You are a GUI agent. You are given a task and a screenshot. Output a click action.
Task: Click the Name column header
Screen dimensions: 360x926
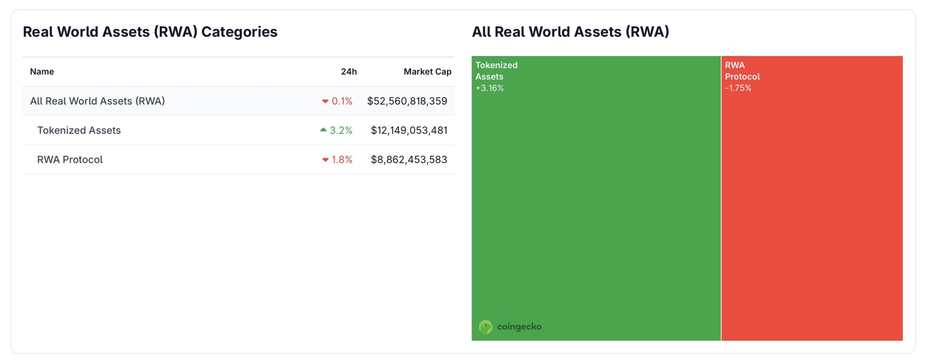(x=42, y=72)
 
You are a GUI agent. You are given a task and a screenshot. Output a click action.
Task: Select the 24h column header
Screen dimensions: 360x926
(x=349, y=72)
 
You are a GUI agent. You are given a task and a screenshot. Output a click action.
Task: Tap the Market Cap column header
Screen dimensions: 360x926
(x=427, y=72)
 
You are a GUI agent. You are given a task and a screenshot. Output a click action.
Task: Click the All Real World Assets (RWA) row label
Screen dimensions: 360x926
(x=97, y=101)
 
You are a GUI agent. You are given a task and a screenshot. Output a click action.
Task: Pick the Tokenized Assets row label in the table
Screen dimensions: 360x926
(x=79, y=130)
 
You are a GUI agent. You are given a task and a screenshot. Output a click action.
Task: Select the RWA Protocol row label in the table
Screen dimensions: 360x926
(x=70, y=160)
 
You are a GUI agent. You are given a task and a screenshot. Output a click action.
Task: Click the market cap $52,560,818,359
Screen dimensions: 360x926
(x=407, y=101)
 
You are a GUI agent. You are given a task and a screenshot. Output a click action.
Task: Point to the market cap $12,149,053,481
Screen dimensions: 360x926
(x=409, y=130)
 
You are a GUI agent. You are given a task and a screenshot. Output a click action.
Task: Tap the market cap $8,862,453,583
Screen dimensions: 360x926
(x=409, y=160)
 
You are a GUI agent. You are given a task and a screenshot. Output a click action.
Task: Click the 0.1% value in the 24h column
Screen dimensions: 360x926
(x=342, y=101)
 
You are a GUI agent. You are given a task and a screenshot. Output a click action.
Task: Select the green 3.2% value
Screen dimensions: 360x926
(x=341, y=130)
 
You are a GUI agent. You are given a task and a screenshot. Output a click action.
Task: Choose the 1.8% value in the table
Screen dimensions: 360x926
(x=342, y=160)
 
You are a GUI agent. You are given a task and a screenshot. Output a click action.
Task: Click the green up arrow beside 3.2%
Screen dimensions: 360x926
(x=323, y=130)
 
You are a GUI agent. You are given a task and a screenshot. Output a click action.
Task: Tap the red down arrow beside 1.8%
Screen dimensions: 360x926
(x=325, y=160)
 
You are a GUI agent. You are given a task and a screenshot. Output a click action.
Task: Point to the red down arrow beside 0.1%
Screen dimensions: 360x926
(x=325, y=102)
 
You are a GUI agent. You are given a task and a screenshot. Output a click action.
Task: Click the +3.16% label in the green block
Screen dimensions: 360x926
(x=489, y=88)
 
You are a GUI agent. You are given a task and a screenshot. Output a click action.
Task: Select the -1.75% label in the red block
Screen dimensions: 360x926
(x=738, y=88)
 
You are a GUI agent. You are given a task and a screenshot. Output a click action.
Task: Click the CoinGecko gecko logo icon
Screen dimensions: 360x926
(x=485, y=327)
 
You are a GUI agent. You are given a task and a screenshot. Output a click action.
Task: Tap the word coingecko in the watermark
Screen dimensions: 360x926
(x=519, y=327)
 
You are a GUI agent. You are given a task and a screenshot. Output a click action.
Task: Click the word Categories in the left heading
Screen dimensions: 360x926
(x=239, y=32)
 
